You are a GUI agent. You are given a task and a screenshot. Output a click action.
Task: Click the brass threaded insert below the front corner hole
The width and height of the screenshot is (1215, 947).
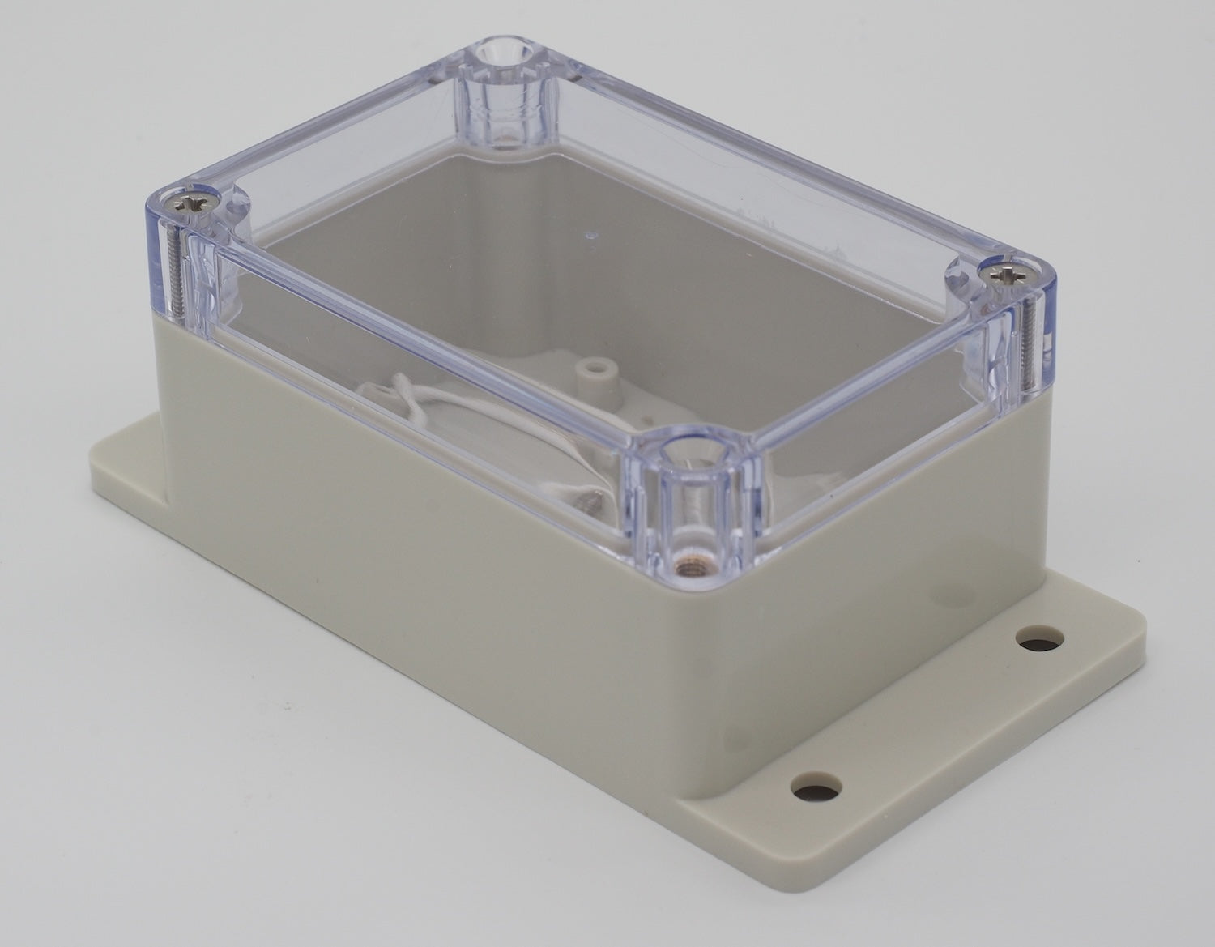tap(687, 561)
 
